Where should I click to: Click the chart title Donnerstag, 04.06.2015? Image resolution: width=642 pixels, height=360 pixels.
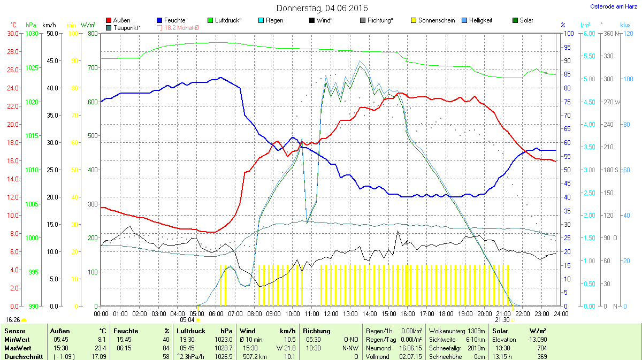(322, 8)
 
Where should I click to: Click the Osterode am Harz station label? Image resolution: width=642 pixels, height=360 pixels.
(613, 6)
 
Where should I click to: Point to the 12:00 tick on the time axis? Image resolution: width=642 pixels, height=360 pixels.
(331, 313)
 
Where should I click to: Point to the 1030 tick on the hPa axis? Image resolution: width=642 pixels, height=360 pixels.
(32, 33)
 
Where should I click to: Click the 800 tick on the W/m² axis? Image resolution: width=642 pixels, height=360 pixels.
(91, 33)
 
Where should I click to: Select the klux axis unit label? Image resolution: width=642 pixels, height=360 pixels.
(625, 25)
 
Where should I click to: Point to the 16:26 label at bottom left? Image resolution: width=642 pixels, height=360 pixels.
(13, 319)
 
